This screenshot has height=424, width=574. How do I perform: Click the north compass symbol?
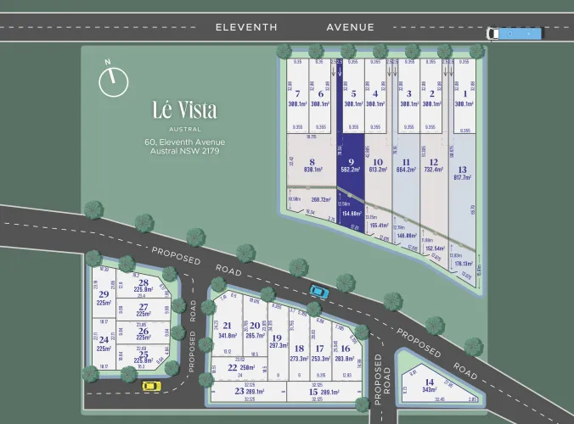(x=112, y=81)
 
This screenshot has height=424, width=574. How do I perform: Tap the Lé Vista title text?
(x=184, y=110)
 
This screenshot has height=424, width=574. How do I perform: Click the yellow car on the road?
(x=150, y=386)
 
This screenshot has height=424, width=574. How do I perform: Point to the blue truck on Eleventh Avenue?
(x=514, y=33)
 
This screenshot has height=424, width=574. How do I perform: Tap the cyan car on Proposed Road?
(x=318, y=291)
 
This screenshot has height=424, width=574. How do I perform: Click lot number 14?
(x=430, y=382)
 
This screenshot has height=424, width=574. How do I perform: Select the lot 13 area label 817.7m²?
(x=462, y=177)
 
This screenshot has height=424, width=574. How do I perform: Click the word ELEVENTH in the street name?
(x=246, y=27)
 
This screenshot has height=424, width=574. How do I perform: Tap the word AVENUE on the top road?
(x=351, y=27)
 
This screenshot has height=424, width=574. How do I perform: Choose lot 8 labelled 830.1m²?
(x=312, y=165)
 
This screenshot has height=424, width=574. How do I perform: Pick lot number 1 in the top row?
(x=463, y=94)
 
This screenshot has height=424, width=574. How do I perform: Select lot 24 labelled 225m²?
(x=104, y=343)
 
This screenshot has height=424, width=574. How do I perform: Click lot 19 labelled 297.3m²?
(x=277, y=341)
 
